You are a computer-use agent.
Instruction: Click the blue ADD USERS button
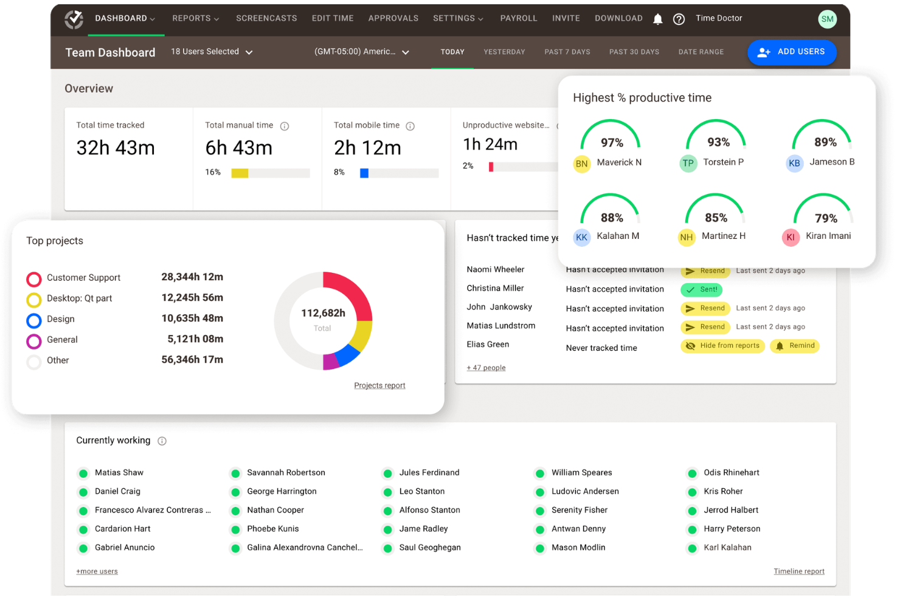(x=791, y=52)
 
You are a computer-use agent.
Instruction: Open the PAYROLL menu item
(x=518, y=18)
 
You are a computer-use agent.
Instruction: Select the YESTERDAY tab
(x=504, y=52)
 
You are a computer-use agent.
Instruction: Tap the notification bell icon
(x=657, y=19)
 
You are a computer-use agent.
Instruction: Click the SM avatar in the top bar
(x=827, y=19)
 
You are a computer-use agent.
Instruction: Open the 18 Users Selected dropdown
(x=211, y=52)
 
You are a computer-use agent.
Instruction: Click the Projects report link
(x=379, y=385)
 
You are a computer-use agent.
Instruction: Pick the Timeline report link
(x=798, y=571)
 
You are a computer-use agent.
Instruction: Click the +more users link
(x=97, y=571)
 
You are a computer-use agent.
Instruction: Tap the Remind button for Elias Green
(x=795, y=346)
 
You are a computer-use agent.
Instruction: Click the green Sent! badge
(x=701, y=290)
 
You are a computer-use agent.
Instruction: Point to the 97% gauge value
(x=612, y=143)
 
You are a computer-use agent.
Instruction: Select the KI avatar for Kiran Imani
(x=790, y=237)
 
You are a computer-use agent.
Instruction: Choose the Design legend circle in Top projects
(x=34, y=320)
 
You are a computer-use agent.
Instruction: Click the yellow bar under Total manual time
(x=240, y=173)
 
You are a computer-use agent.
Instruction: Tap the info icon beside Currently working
(x=162, y=441)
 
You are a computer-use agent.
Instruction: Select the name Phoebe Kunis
(x=272, y=529)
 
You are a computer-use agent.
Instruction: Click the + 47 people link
(x=486, y=368)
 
